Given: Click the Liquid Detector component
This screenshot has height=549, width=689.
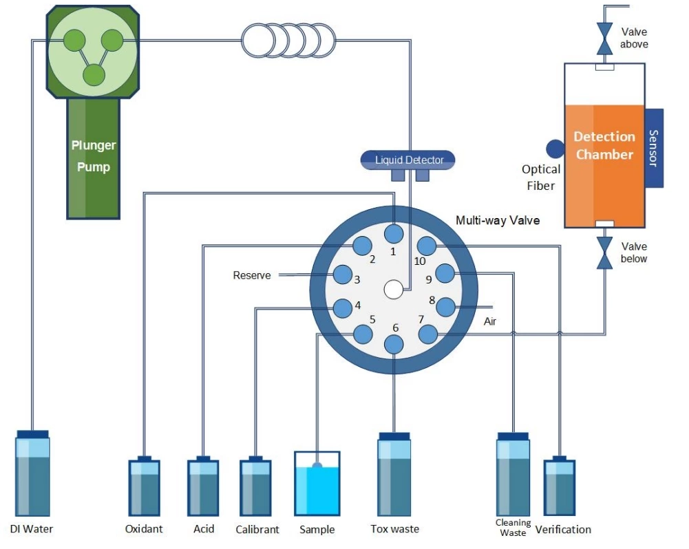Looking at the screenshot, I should (x=407, y=160).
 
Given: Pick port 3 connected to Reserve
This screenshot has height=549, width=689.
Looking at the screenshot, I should (x=342, y=275).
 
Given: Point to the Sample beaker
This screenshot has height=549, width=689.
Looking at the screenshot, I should (x=317, y=484).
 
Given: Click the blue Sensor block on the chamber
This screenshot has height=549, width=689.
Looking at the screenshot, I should (x=654, y=148).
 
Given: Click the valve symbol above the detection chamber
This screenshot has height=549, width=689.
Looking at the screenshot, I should (x=604, y=39).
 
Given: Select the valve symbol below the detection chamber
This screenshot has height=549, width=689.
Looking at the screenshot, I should (x=604, y=252).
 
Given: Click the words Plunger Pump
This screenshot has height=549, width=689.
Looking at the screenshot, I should (x=94, y=156).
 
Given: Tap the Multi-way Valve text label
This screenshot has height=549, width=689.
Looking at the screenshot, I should (x=498, y=220).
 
